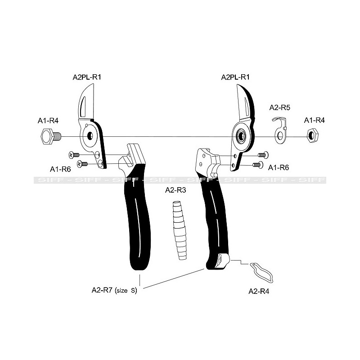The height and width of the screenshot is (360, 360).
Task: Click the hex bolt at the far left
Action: (x=51, y=136)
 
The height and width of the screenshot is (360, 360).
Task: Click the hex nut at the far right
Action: (x=312, y=136)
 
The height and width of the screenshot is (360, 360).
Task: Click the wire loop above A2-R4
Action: (x=262, y=272)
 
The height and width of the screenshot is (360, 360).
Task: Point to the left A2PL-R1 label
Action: (x=87, y=77)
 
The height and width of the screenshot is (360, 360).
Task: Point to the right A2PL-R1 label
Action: (x=235, y=77)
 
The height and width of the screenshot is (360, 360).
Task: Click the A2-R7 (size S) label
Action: (x=114, y=290)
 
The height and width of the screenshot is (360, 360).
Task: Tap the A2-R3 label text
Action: (x=175, y=190)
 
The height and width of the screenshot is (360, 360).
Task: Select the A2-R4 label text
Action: (x=259, y=291)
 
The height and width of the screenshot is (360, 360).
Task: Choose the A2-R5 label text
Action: (x=279, y=108)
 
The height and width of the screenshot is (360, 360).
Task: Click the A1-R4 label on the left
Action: (x=48, y=121)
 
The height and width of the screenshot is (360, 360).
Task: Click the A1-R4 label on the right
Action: (x=314, y=120)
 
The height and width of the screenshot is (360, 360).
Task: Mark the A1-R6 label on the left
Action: (x=60, y=170)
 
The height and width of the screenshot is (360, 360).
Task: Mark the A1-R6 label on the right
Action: (x=279, y=167)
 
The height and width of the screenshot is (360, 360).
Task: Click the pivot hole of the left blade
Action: (x=90, y=136)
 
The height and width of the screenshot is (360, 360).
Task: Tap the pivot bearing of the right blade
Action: (x=241, y=136)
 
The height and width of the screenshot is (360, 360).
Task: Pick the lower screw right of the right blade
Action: (x=257, y=165)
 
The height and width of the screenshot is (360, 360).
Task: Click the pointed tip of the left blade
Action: (x=94, y=84)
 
